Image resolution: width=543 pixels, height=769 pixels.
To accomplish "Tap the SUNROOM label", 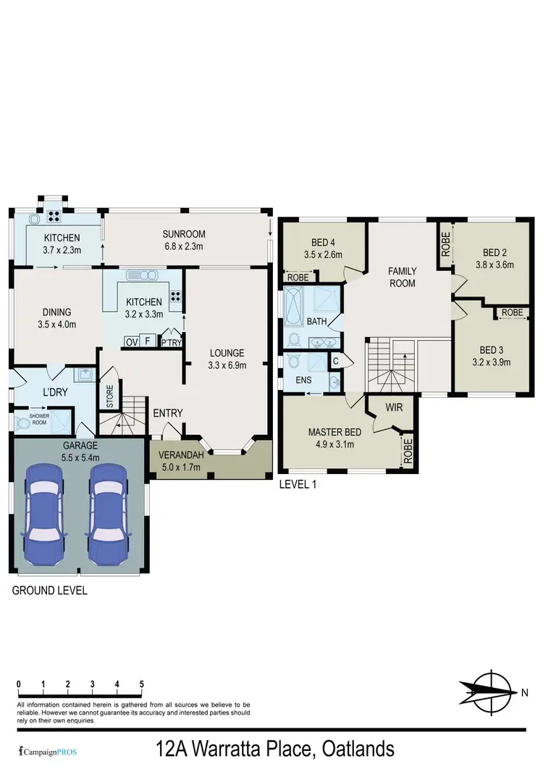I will tap(184, 234).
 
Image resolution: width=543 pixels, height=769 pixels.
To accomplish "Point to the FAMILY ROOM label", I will tap(402, 277).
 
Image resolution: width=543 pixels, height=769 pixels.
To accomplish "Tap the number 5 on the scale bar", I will tap(142, 684).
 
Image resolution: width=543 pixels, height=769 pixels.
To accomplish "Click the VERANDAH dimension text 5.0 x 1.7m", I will tap(182, 467).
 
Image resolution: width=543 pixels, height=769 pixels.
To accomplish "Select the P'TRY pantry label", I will tap(171, 342).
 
